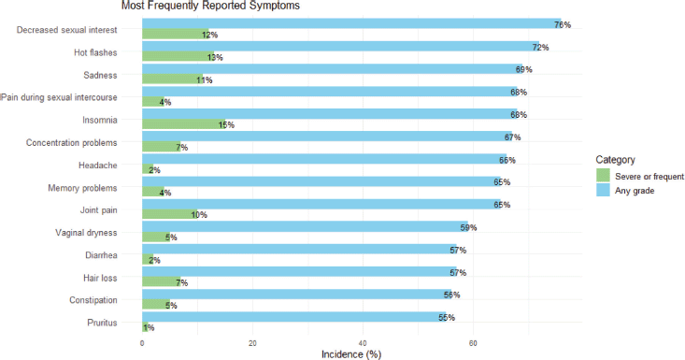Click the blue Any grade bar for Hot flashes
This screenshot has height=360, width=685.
point(341,47)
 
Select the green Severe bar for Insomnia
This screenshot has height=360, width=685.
point(184,124)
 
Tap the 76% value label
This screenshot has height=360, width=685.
point(563,25)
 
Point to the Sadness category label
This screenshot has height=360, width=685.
point(100,75)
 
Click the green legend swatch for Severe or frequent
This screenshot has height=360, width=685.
point(603,176)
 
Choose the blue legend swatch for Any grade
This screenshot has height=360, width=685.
point(603,190)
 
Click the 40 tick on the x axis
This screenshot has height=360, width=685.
point(363,343)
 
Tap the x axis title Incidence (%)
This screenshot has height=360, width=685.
point(351,354)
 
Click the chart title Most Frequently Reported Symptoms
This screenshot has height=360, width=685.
point(210,6)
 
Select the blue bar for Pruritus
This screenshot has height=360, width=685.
point(294,317)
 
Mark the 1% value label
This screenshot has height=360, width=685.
point(149,327)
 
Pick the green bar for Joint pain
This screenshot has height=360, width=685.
point(170,214)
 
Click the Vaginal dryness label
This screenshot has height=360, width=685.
point(86,233)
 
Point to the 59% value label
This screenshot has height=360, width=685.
point(468,227)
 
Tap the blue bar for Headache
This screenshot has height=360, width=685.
point(324,159)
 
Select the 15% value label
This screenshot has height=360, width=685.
point(226,125)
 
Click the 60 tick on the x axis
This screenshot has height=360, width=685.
point(473,343)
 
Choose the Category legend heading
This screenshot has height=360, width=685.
point(616,160)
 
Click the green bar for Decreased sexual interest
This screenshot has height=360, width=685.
point(176,34)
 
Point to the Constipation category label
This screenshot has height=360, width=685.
point(93,300)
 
